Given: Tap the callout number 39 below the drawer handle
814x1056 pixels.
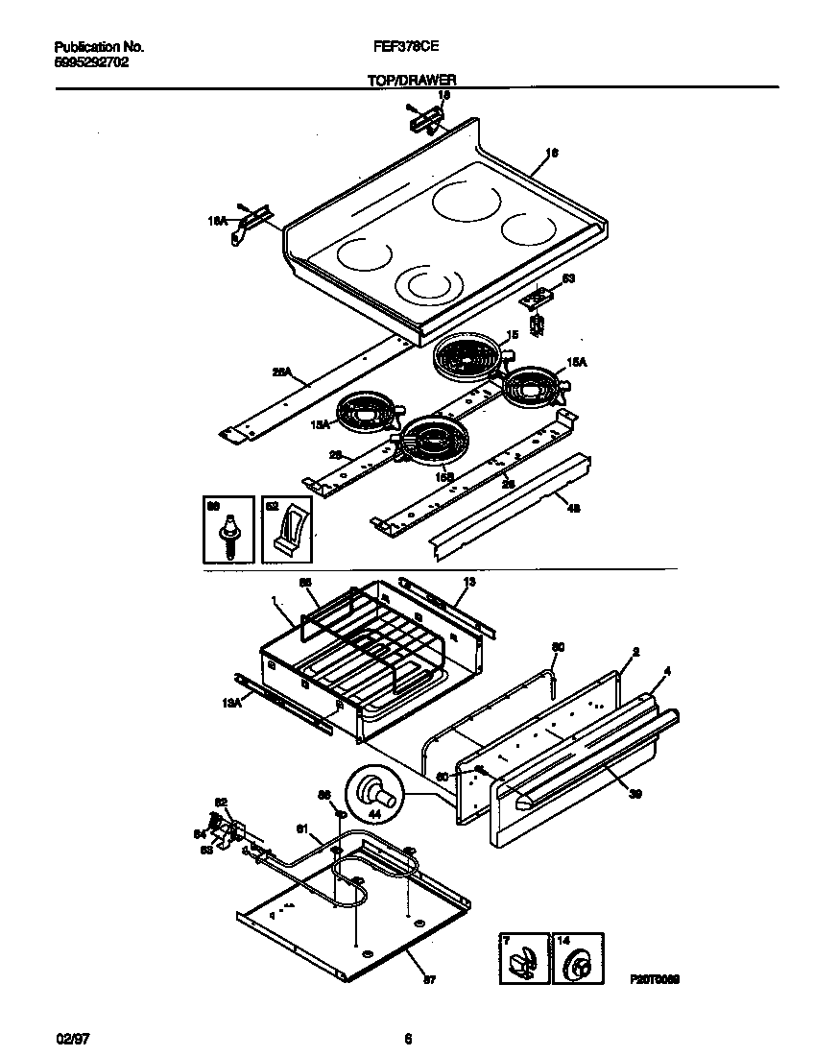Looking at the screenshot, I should click(635, 793).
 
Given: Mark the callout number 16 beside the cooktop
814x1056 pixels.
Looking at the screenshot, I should click(552, 152).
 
